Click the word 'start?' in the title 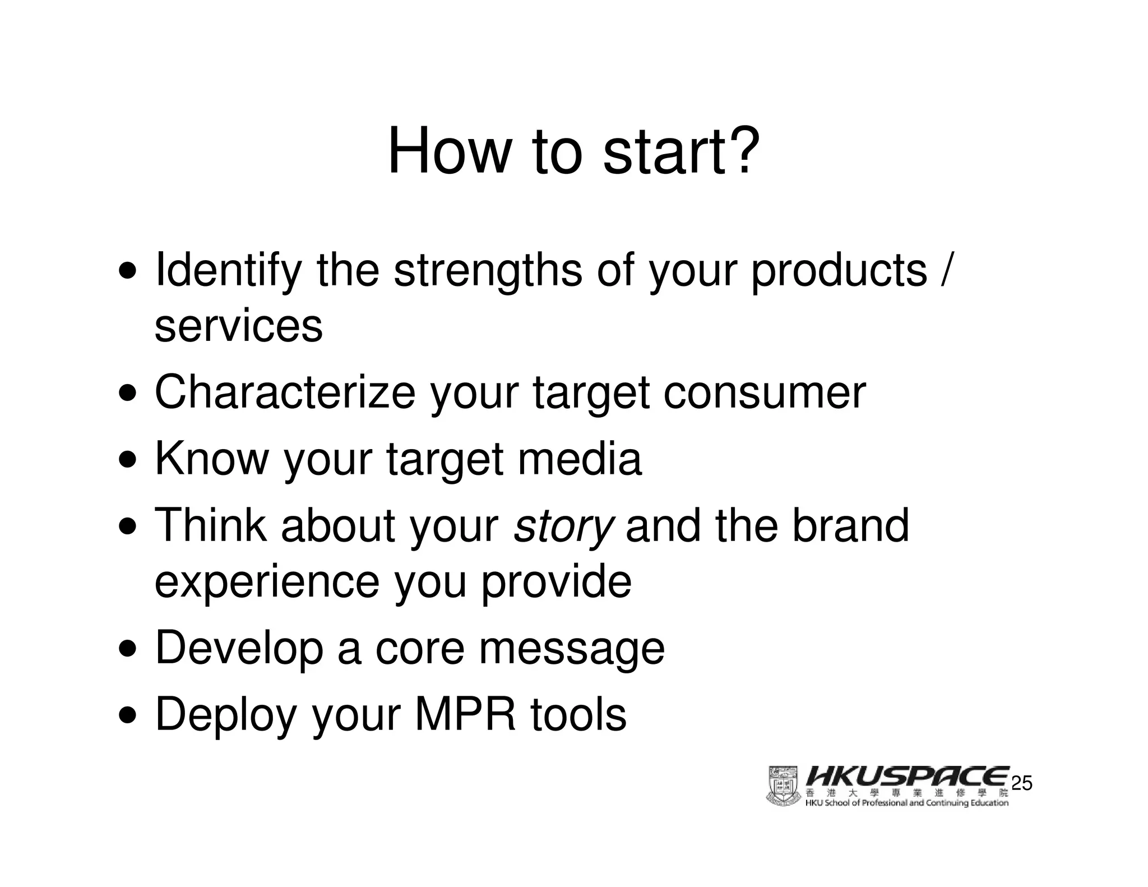681,151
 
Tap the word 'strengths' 488,271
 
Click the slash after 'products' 946,271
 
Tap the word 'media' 579,459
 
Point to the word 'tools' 578,714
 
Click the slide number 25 1021,783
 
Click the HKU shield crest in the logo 783,786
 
